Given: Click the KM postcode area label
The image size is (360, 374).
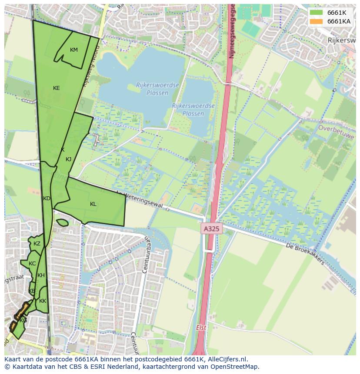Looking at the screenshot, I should tap(74, 50).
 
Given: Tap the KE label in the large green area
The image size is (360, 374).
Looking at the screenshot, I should tap(57, 88).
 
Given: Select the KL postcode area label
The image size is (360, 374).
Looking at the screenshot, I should tap(93, 204).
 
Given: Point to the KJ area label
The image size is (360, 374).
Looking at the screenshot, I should tap(68, 159).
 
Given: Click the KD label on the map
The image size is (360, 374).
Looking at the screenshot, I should tap(47, 199).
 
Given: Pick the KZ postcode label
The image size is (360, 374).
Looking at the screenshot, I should tap(37, 244).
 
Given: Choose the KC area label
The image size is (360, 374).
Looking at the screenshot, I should tap(32, 264).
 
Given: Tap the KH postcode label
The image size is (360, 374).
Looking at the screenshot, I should tap(41, 275).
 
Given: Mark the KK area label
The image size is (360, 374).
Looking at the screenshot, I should tap(43, 301).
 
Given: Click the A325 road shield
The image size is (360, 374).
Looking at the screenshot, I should tap(212, 228).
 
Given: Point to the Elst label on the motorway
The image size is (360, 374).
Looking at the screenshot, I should tap(201, 328).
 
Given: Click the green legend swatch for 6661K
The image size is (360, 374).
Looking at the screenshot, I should tap(317, 13).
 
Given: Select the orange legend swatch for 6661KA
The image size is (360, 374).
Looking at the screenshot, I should tap(317, 21).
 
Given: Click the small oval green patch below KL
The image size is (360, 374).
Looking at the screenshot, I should tap(62, 223).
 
